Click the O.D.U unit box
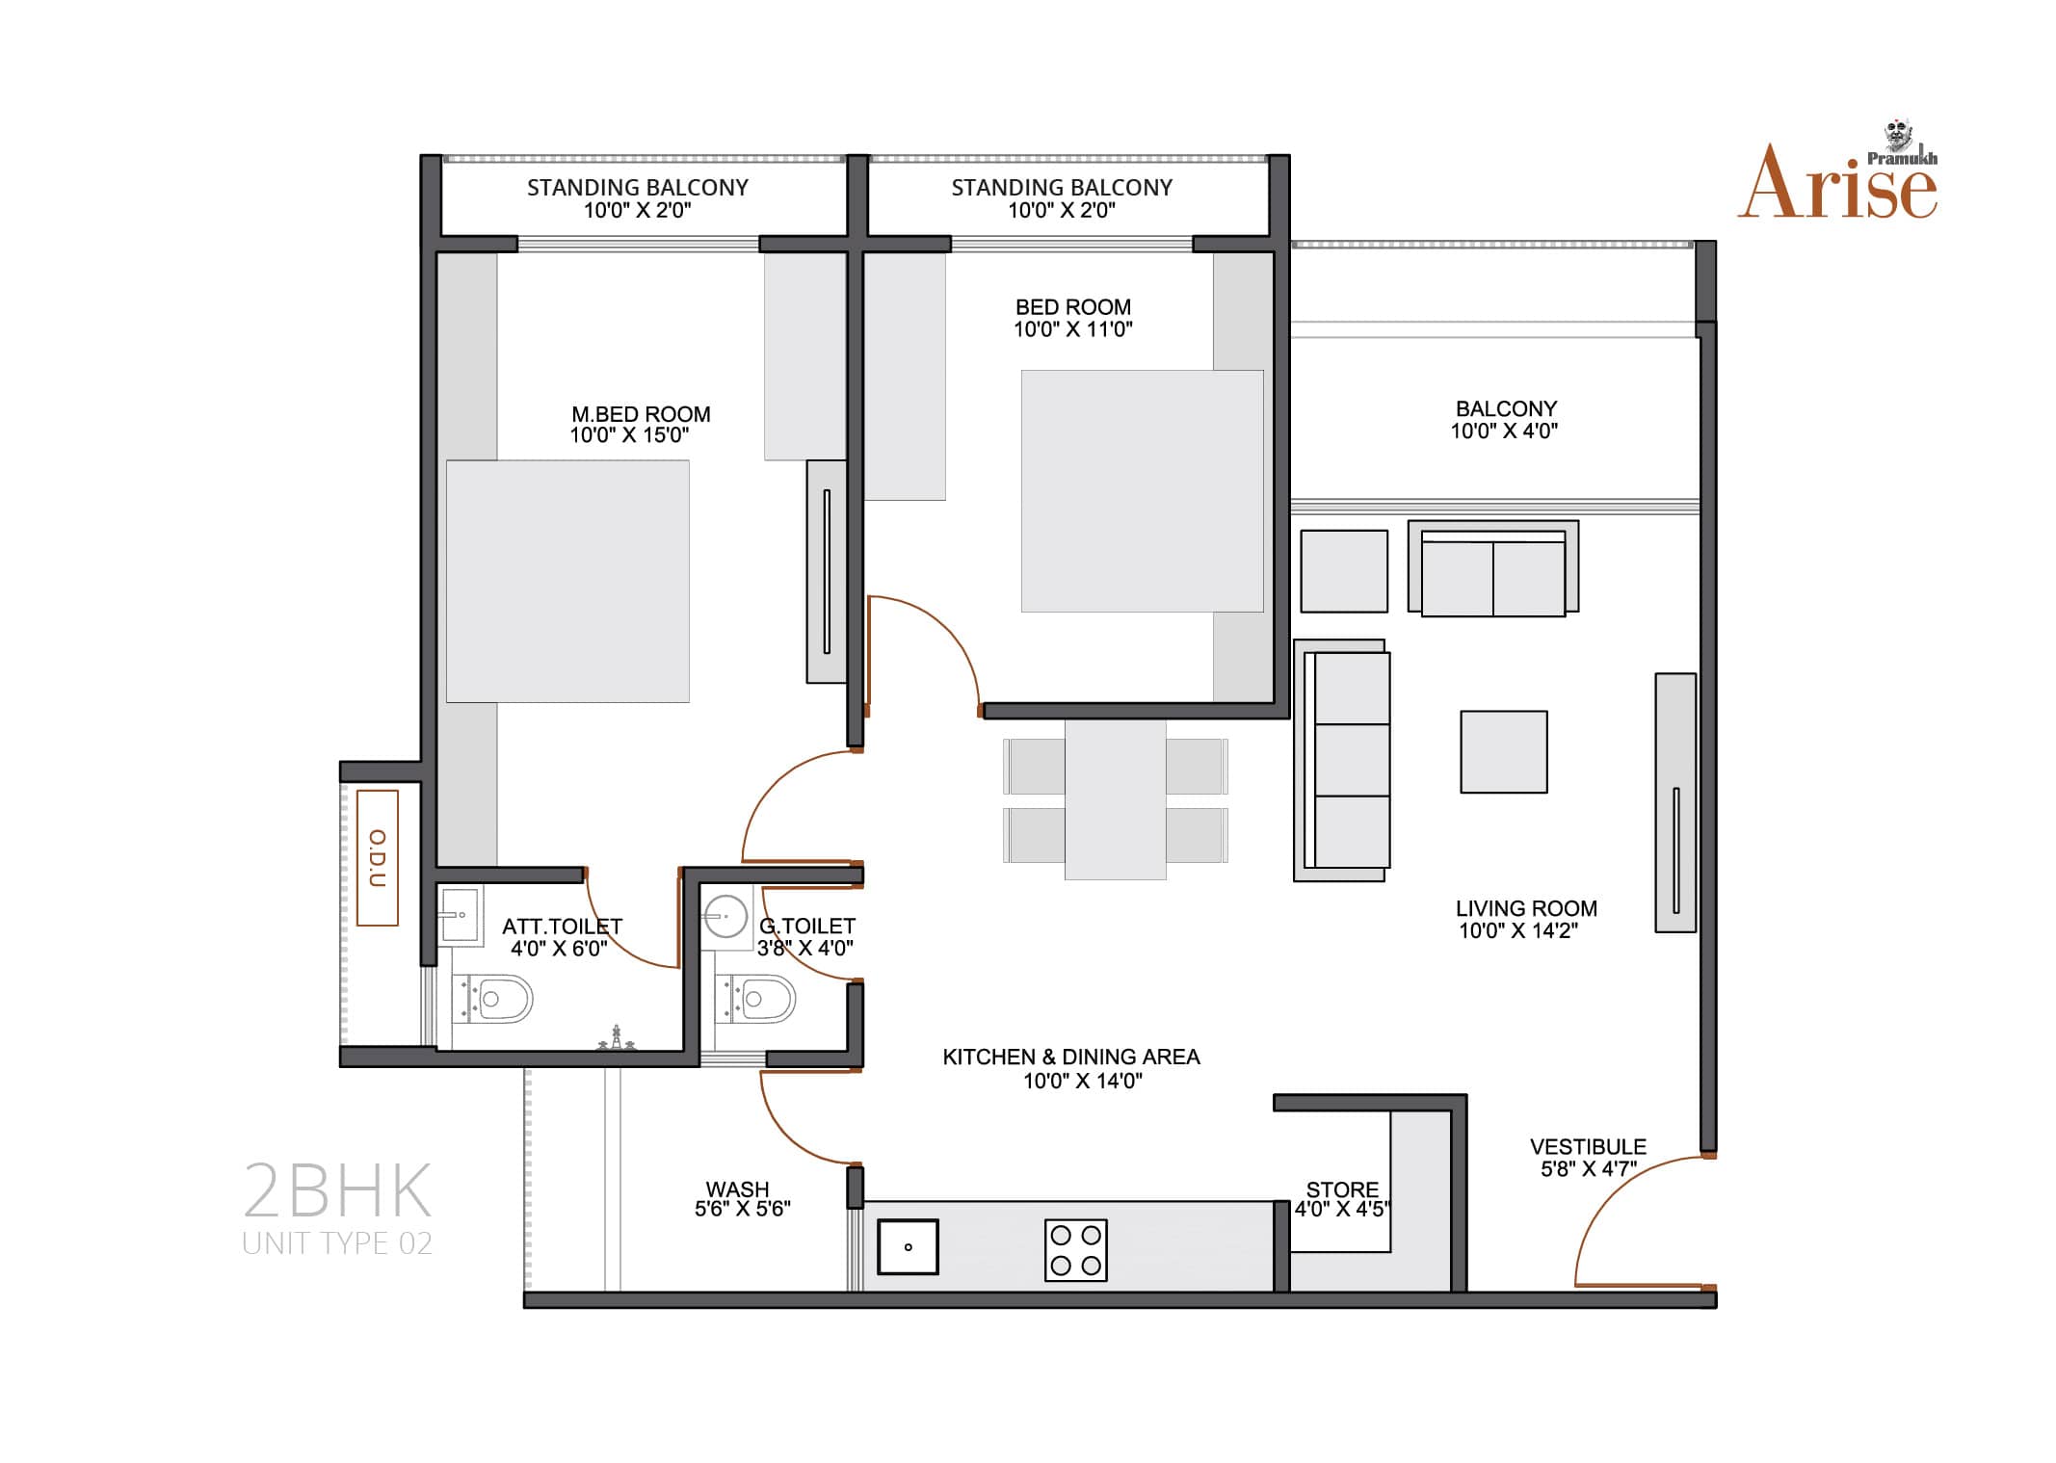pyautogui.click(x=378, y=858)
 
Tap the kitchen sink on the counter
pyautogui.click(x=908, y=1247)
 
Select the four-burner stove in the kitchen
pyautogui.click(x=1075, y=1250)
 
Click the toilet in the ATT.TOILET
pyautogui.click(x=492, y=999)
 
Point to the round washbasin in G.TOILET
pyautogui.click(x=725, y=917)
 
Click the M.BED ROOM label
pyautogui.click(x=641, y=414)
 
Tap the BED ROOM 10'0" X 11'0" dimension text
pyautogui.click(x=1072, y=329)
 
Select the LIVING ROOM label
pyautogui.click(x=1526, y=908)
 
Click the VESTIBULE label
pyautogui.click(x=1588, y=1147)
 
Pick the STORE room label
pyautogui.click(x=1342, y=1189)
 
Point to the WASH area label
pyautogui.click(x=737, y=1189)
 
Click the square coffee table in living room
pyautogui.click(x=1503, y=752)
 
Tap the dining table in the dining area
pyautogui.click(x=1115, y=799)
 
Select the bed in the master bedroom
pyautogui.click(x=567, y=581)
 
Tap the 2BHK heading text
pyautogui.click(x=336, y=1190)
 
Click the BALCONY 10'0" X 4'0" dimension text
pyautogui.click(x=1504, y=431)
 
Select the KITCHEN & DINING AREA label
pyautogui.click(x=1071, y=1057)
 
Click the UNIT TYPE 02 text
pyautogui.click(x=337, y=1243)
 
